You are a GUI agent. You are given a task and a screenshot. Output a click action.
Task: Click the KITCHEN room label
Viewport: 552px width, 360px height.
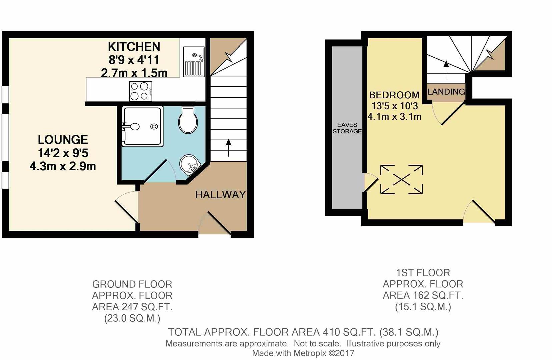tap(134, 47)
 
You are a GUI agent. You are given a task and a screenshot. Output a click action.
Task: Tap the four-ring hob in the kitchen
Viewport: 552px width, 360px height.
tap(140, 91)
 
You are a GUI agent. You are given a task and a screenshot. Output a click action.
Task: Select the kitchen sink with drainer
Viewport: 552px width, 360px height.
tap(194, 61)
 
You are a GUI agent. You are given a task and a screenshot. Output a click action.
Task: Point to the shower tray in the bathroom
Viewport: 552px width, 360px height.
tap(143, 126)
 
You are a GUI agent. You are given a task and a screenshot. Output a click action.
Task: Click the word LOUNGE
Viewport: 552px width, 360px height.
tap(63, 139)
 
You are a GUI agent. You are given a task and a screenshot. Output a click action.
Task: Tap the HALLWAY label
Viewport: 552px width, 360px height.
tap(220, 195)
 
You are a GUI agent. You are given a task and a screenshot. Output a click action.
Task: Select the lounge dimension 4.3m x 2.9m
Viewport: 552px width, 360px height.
tap(63, 166)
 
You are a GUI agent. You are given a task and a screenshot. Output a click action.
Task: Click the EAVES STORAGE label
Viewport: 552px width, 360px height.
tap(347, 128)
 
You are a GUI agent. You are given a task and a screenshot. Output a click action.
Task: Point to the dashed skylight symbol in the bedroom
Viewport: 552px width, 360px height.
tap(401, 179)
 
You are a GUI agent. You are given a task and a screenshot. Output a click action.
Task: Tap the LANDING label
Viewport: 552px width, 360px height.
tap(446, 92)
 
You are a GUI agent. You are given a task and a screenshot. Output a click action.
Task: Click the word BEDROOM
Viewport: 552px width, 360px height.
tap(394, 95)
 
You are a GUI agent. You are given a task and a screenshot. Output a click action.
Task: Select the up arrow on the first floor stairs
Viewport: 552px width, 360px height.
tap(446, 69)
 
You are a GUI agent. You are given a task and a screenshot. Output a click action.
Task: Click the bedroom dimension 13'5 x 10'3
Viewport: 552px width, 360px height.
tap(394, 106)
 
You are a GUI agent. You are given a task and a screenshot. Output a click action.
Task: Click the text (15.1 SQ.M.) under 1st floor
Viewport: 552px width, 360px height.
tap(423, 307)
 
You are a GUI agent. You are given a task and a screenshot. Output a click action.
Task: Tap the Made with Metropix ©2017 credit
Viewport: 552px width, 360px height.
tap(303, 353)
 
